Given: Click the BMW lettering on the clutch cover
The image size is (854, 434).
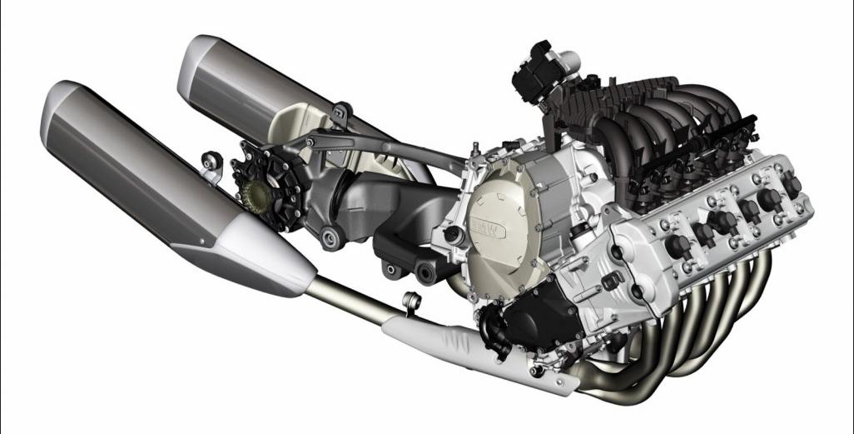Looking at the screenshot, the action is coord(484,226).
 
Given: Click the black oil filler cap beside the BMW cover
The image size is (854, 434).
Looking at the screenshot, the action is coord(451,234).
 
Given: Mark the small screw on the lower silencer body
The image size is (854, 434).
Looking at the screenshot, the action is coord(202,241).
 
